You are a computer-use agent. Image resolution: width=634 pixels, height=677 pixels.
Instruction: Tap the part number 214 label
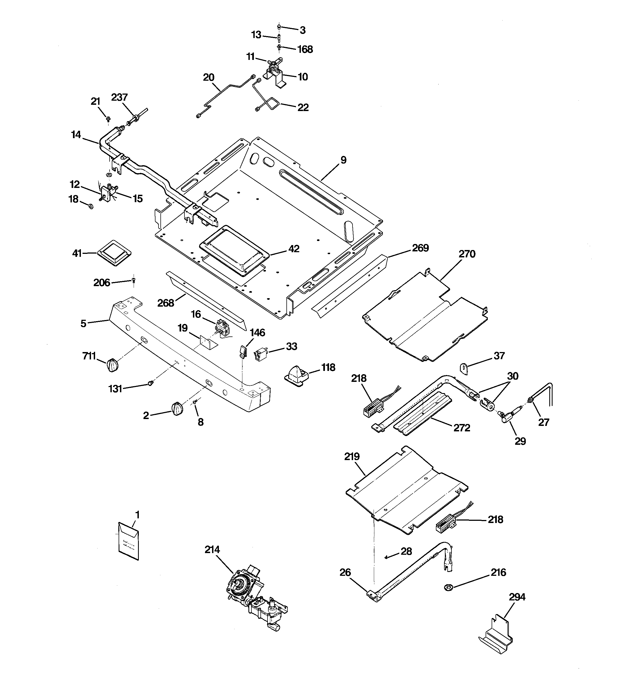coord(212,550)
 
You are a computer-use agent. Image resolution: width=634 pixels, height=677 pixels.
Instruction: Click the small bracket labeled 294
coord(495,636)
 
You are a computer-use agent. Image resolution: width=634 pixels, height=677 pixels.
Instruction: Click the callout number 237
coord(119,97)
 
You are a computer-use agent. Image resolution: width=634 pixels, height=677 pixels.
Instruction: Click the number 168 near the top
coord(305,50)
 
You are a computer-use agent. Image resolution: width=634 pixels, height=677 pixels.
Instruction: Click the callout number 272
coord(462,428)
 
